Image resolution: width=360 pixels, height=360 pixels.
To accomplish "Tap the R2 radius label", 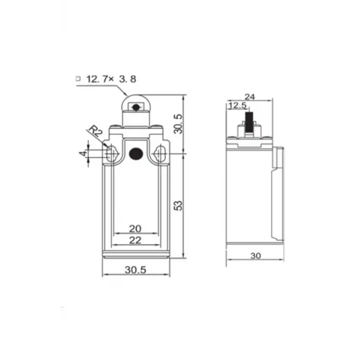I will click(x=94, y=131).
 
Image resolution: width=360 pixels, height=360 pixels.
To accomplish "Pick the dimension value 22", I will click(x=135, y=240).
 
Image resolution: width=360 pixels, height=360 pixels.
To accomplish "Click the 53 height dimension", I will click(x=177, y=205).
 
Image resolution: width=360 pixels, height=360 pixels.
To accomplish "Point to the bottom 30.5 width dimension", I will click(x=136, y=269).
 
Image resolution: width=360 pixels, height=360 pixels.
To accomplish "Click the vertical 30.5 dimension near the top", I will click(x=177, y=124).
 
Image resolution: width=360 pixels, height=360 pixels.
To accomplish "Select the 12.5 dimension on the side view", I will click(x=237, y=105).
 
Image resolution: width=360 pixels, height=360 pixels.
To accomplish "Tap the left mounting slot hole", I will click(x=111, y=153).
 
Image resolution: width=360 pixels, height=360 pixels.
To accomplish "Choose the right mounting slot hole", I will click(x=160, y=153).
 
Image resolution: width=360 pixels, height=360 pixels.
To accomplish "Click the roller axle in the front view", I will click(x=135, y=107).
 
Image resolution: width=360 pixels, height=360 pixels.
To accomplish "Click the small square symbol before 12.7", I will click(x=78, y=79).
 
